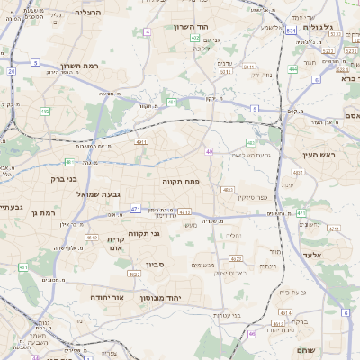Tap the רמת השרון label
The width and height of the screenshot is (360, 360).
click(79, 66)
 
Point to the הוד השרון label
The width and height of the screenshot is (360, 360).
click(192, 27)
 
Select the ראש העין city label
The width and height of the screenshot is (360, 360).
click(318, 156)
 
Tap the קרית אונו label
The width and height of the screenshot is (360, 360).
click(114, 243)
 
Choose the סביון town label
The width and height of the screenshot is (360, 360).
click(156, 266)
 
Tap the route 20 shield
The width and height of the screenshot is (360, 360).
click(11, 70)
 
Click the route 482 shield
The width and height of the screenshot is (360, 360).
click(45, 112)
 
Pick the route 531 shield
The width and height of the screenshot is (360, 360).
click(291, 30)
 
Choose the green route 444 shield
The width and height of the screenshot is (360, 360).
click(293, 68)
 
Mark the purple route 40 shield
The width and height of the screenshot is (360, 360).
click(209, 151)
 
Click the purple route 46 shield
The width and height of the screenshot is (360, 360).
click(252, 333)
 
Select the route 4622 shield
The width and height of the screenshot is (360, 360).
click(134, 274)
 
